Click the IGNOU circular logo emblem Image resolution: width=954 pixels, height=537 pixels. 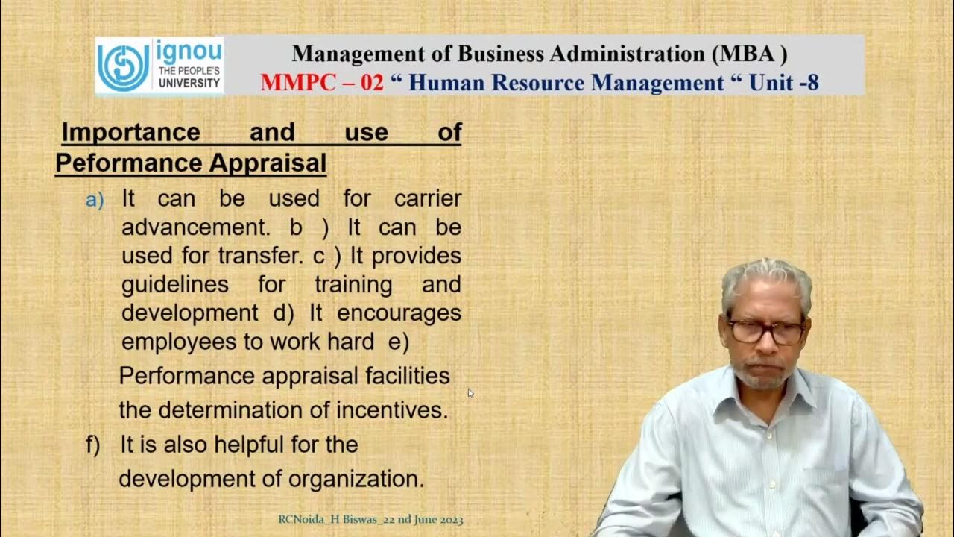124,66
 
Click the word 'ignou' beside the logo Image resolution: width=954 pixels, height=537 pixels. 189,52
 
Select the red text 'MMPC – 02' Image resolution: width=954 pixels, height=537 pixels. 322,82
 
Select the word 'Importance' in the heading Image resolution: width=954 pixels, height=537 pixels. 130,133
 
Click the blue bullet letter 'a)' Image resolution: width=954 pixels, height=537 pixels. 95,200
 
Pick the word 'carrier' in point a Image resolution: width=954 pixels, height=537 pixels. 428,198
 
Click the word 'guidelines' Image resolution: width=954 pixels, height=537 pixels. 174,284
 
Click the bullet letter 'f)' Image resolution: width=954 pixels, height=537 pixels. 92,445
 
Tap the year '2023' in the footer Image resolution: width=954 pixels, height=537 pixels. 446,520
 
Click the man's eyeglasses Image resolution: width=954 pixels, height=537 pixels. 765,330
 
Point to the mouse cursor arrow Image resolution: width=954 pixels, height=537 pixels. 470,393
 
